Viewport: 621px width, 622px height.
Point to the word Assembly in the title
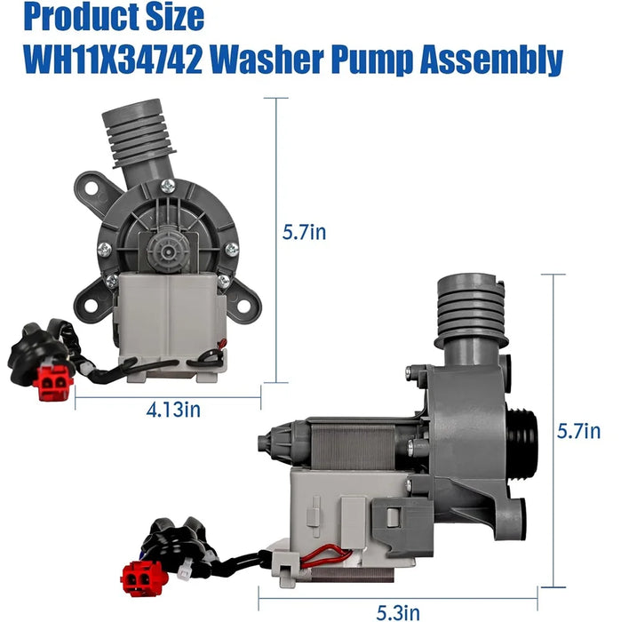tap(493, 60)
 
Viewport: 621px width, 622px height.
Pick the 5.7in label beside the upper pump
tap(304, 233)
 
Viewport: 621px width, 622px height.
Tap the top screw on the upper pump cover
tap(167, 186)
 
